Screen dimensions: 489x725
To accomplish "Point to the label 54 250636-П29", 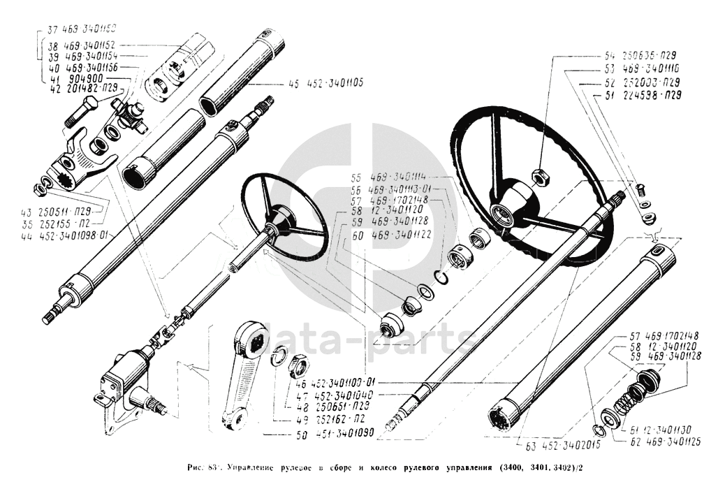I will click(640, 55).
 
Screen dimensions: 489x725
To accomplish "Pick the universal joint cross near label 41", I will click(130, 115).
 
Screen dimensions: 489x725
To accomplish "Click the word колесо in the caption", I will click(362, 465).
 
